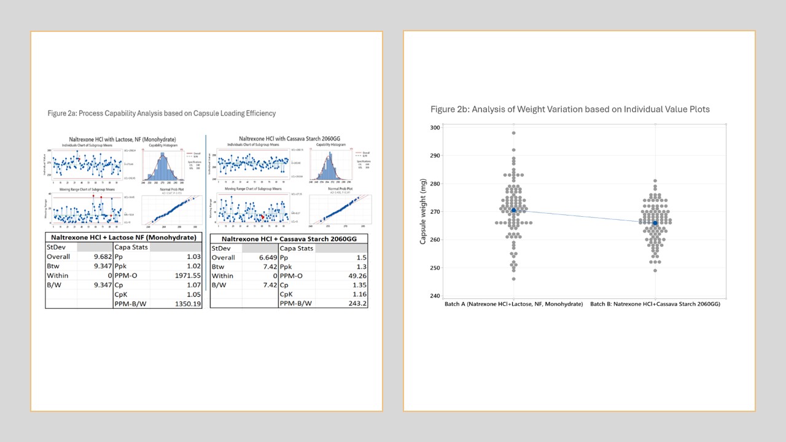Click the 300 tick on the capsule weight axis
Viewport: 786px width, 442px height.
[x=434, y=128]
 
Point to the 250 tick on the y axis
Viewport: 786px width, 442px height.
[x=434, y=268]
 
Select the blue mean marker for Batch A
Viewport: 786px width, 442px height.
[x=513, y=211]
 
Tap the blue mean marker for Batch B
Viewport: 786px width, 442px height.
[x=655, y=223]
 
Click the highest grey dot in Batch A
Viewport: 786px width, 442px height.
[x=513, y=133]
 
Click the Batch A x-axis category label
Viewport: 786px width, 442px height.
[x=513, y=304]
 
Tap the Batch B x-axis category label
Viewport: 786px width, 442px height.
[x=655, y=304]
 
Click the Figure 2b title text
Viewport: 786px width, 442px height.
[x=570, y=109]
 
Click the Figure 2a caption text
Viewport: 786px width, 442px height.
[x=161, y=114]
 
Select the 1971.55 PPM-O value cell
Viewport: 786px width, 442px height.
[x=185, y=275]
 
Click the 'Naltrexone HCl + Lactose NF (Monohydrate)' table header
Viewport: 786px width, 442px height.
[x=123, y=237]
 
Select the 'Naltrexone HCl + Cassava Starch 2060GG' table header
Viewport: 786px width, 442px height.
[x=288, y=238]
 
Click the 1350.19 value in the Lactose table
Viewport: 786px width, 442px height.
[x=185, y=303]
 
